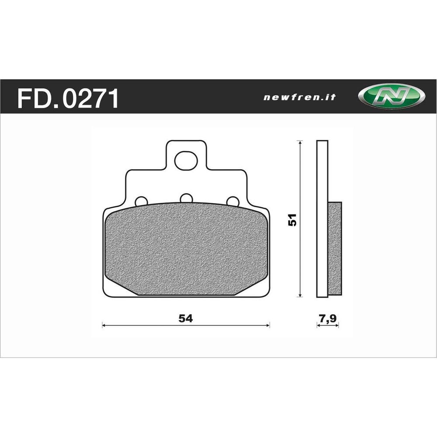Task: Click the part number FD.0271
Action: (68, 99)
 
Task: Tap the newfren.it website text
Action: (299, 97)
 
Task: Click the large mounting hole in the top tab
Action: (186, 161)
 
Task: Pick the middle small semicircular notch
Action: (186, 198)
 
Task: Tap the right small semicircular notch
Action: (233, 201)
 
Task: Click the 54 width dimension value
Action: (186, 318)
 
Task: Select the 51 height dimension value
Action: (293, 219)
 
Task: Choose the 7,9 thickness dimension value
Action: (327, 318)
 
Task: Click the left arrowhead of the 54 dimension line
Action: (104, 325)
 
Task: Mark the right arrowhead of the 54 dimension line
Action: (268, 325)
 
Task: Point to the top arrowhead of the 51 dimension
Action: (299, 143)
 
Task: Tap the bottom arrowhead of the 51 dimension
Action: (299, 295)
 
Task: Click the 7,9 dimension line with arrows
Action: (327, 326)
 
